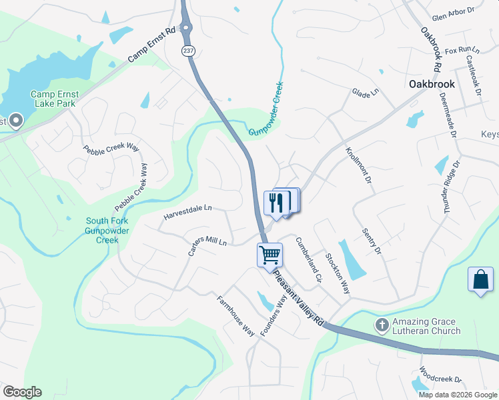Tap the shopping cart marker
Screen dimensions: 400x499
270,255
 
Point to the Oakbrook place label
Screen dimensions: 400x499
432,84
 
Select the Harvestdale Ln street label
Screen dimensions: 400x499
187,213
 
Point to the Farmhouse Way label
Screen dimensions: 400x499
236,315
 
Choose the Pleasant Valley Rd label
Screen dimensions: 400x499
300,297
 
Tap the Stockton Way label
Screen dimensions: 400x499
337,273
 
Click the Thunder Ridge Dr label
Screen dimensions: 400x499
450,187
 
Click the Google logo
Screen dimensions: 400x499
22,391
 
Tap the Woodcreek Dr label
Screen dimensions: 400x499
440,375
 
